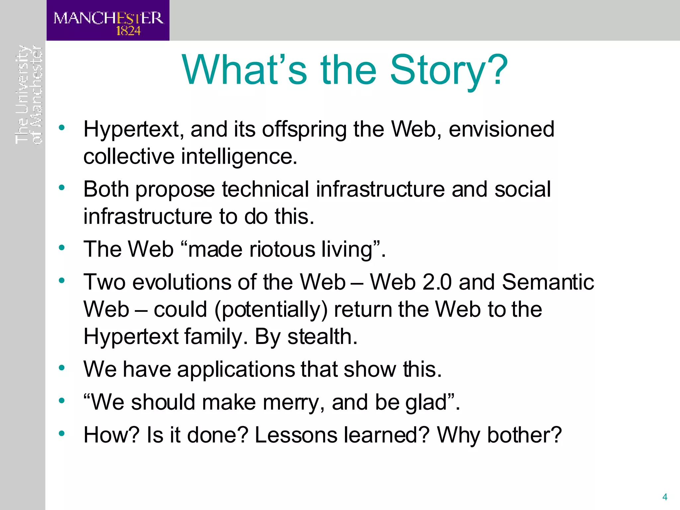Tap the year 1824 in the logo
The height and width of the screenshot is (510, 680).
click(128, 31)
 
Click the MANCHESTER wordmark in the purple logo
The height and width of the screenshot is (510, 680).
click(109, 18)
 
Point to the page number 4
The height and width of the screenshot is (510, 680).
click(665, 497)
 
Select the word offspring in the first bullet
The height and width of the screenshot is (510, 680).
click(304, 129)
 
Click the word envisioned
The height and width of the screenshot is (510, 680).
click(501, 129)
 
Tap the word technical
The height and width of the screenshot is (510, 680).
click(266, 189)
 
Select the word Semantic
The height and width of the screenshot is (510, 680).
click(548, 282)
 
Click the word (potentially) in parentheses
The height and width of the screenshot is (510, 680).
click(271, 309)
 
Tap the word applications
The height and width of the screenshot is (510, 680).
click(236, 369)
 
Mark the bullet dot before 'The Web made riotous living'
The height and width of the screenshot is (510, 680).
click(62, 248)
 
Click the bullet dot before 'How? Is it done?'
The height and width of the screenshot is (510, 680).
click(62, 433)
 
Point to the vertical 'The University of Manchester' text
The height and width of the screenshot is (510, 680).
click(29, 95)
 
